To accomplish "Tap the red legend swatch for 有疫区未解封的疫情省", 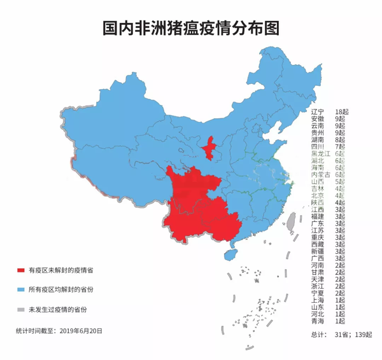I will [x=21, y=270].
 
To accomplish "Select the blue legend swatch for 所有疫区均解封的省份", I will [x=21, y=289].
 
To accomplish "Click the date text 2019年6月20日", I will [x=80, y=331].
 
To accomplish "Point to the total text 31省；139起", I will [x=354, y=334].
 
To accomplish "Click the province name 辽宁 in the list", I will [x=317, y=112].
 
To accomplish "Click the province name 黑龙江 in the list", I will [x=320, y=154].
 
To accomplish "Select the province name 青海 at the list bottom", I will [x=317, y=321].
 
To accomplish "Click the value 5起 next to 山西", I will [x=339, y=181].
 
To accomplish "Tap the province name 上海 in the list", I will [x=317, y=300].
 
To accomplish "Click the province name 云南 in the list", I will [x=317, y=126].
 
